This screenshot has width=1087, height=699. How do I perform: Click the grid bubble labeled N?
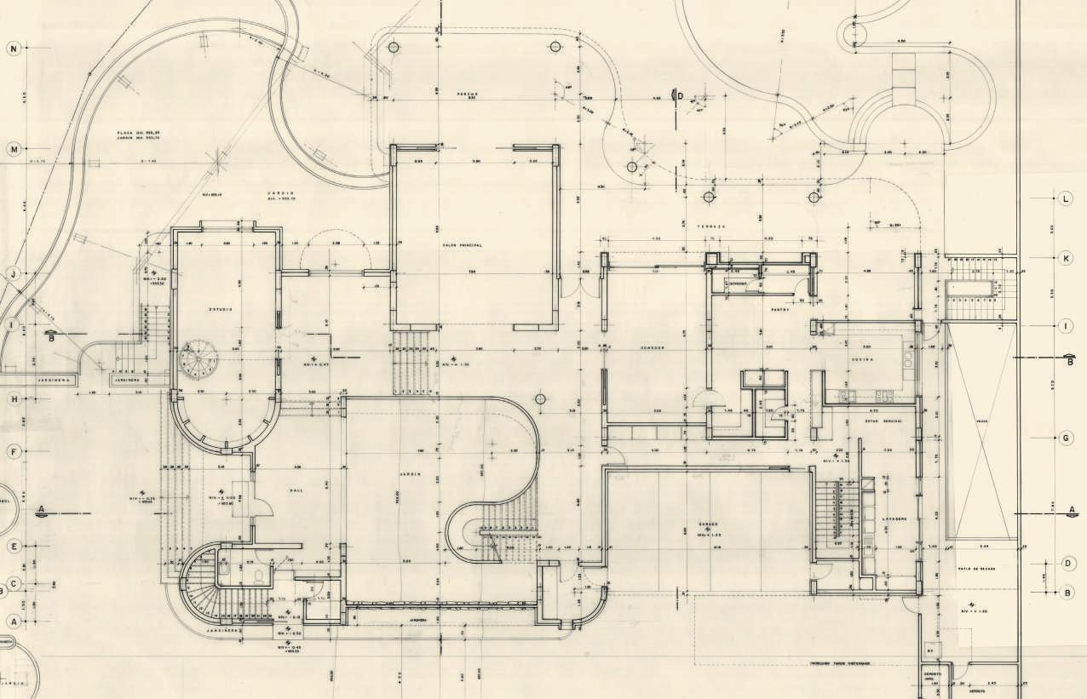[x=13, y=49]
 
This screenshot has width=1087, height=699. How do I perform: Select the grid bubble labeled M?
[x=13, y=150]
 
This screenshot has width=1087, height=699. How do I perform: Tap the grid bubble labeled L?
[x=1067, y=199]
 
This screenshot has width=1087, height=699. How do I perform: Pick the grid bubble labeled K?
[x=1067, y=257]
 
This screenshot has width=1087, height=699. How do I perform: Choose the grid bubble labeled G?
[x=1067, y=438]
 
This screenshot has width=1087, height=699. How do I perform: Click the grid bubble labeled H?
[x=13, y=399]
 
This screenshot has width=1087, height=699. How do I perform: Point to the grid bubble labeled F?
[x=13, y=452]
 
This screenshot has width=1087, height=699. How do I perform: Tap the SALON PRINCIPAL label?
[x=463, y=245]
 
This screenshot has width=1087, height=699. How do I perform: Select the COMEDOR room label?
[x=651, y=348]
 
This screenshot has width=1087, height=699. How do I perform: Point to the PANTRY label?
[x=780, y=310]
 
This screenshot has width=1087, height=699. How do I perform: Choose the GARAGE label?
[x=710, y=524]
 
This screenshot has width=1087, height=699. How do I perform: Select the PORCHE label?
[x=467, y=94]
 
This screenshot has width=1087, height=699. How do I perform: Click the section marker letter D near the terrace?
[x=680, y=95]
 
